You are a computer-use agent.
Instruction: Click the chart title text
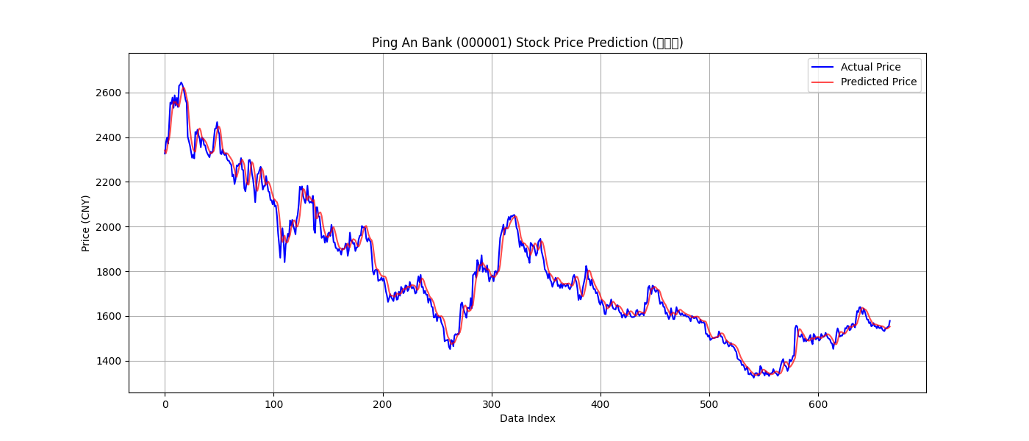(527, 43)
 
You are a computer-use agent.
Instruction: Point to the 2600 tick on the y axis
(110, 93)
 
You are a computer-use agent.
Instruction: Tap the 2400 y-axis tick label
(110, 137)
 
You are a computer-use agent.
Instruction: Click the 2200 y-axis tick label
(110, 182)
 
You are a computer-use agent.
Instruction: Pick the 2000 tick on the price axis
(110, 227)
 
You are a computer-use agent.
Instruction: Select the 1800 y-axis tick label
(110, 272)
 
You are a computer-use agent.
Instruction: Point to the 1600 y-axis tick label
(110, 317)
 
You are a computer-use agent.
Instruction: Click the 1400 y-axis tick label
(110, 362)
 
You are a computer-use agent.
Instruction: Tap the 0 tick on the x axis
(165, 404)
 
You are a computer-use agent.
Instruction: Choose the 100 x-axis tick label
(273, 404)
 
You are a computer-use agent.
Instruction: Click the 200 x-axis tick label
(382, 404)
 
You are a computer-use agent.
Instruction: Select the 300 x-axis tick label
(492, 404)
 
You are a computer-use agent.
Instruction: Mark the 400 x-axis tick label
(600, 404)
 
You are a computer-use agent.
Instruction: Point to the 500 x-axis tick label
(709, 404)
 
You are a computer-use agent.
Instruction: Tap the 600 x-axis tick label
(818, 404)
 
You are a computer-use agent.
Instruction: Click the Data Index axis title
(527, 419)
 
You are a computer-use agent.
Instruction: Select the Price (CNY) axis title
(86, 223)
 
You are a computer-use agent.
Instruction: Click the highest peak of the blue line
(181, 83)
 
